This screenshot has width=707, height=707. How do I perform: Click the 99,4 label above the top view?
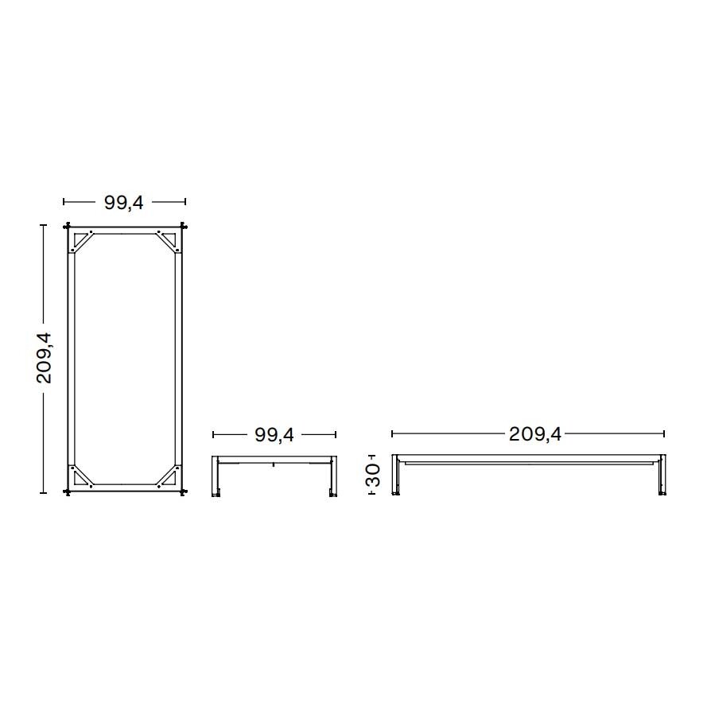tap(124, 203)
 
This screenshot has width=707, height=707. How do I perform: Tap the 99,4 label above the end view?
tap(274, 434)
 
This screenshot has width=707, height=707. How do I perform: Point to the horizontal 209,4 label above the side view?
tap(534, 434)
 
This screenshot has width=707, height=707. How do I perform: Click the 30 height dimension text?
tap(373, 476)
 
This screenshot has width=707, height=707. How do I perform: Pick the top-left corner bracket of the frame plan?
tap(81, 240)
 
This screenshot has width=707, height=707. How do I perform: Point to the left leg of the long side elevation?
tap(395, 478)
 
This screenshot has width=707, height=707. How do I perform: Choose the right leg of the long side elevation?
tap(661, 478)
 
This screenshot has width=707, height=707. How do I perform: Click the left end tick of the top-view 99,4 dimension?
tap(64, 203)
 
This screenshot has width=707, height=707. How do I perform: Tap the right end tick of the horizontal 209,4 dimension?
tap(664, 434)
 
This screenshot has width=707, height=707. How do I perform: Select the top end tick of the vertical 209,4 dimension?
tap(44, 226)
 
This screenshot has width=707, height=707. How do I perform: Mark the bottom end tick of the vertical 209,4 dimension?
tap(44, 493)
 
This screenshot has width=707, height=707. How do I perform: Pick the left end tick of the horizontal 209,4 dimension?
tap(392, 434)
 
